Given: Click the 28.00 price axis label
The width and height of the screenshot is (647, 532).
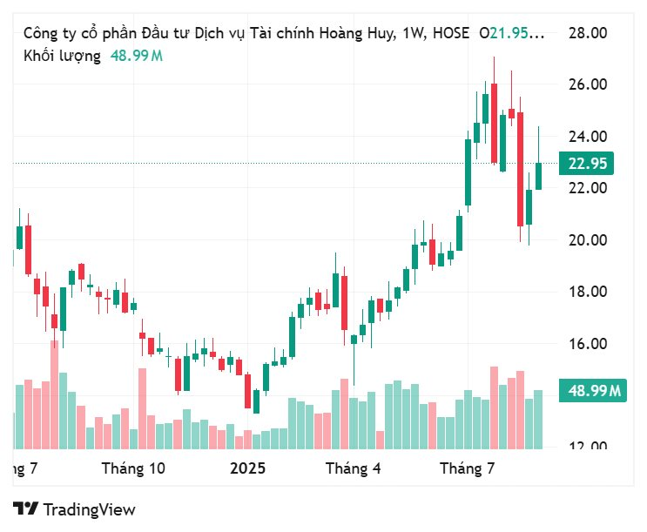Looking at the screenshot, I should (587, 33).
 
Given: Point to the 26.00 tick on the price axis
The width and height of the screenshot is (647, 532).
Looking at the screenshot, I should (587, 84).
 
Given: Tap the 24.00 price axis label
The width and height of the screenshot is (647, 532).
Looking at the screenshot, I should (587, 137).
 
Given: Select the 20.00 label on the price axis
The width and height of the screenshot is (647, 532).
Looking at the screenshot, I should (587, 240).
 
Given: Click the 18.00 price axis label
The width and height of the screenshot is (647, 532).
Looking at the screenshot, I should (587, 292).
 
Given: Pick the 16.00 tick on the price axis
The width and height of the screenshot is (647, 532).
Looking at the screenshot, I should (587, 344).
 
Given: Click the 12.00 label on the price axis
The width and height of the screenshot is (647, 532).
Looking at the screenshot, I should (587, 447).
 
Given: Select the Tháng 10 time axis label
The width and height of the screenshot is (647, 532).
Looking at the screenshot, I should (133, 468).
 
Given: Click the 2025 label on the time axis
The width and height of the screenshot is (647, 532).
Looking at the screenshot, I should (247, 468).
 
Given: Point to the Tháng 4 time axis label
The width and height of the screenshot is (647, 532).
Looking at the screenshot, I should (354, 468).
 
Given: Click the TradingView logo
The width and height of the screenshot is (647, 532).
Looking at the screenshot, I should (75, 509).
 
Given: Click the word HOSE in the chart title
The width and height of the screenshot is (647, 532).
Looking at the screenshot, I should (450, 34).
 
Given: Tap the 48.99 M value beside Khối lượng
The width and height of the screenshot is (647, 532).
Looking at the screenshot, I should (136, 56).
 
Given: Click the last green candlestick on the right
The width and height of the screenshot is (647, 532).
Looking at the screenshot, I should (538, 176).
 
